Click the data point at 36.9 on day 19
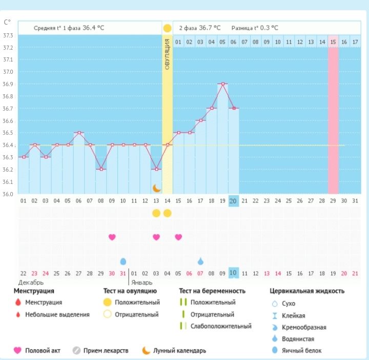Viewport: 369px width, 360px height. coord(222,84)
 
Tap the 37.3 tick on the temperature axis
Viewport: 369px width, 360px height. coord(8,35)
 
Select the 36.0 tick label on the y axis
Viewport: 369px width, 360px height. coord(8,194)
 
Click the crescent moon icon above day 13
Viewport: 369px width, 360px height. coord(156,188)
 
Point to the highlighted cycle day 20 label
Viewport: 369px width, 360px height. coord(233,201)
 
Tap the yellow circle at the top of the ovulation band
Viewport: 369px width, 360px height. coord(167,28)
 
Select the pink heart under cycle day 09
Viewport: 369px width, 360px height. coord(112,237)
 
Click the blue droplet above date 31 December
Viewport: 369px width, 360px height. coord(123,261)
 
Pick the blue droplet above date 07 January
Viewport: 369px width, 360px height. coord(200,261)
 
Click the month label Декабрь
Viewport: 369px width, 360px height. coord(31,282)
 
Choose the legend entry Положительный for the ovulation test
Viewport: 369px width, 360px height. coord(137,302)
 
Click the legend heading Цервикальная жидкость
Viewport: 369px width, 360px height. coord(307,291)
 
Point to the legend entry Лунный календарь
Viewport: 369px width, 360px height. coord(180,351)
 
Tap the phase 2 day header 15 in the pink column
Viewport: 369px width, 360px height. coord(333,42)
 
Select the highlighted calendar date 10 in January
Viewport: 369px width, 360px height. coord(233,273)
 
